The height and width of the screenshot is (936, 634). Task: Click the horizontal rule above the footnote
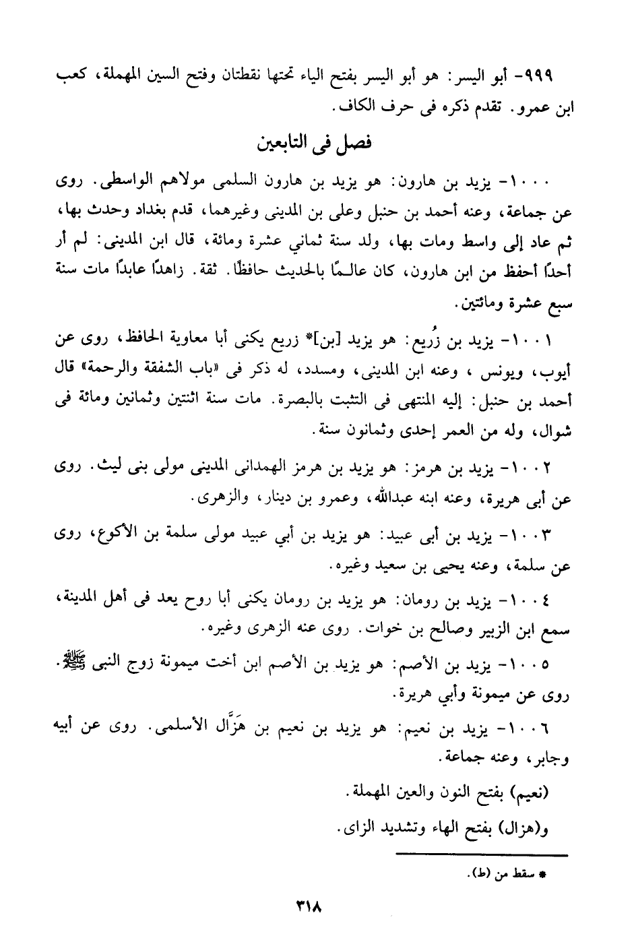click(x=482, y=855)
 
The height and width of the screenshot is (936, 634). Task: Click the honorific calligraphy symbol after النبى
click(x=69, y=662)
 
